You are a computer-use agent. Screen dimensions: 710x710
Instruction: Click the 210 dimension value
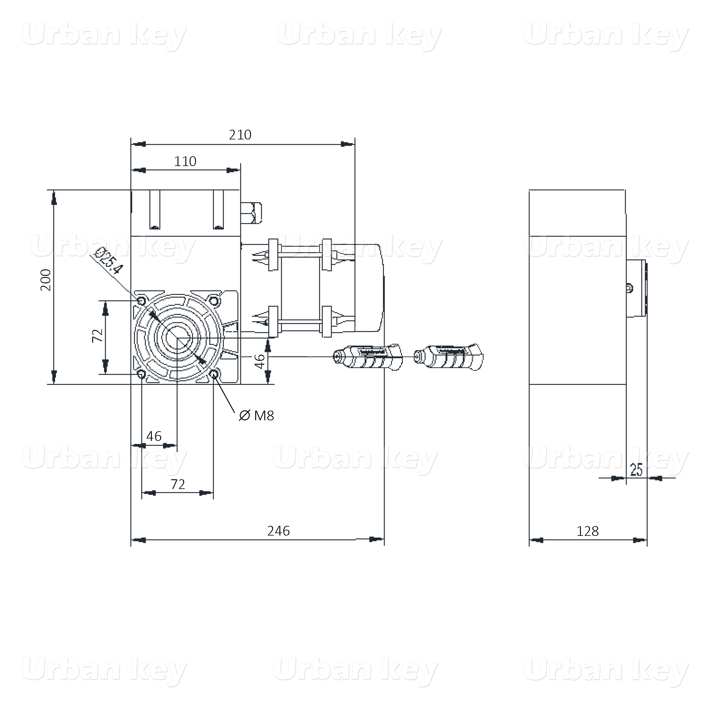coord(240,135)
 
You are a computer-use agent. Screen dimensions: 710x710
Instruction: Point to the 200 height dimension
coord(46,280)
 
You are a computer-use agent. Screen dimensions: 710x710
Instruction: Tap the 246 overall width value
coord(278,531)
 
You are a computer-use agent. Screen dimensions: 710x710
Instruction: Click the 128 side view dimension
coord(587,531)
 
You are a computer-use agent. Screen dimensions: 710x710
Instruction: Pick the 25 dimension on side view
coord(636,470)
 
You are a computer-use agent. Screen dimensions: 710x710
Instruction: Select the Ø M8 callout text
coord(256,416)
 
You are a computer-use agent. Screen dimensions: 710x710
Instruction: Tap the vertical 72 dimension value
coord(97,336)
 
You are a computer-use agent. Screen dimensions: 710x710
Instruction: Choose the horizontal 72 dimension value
coord(178,484)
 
